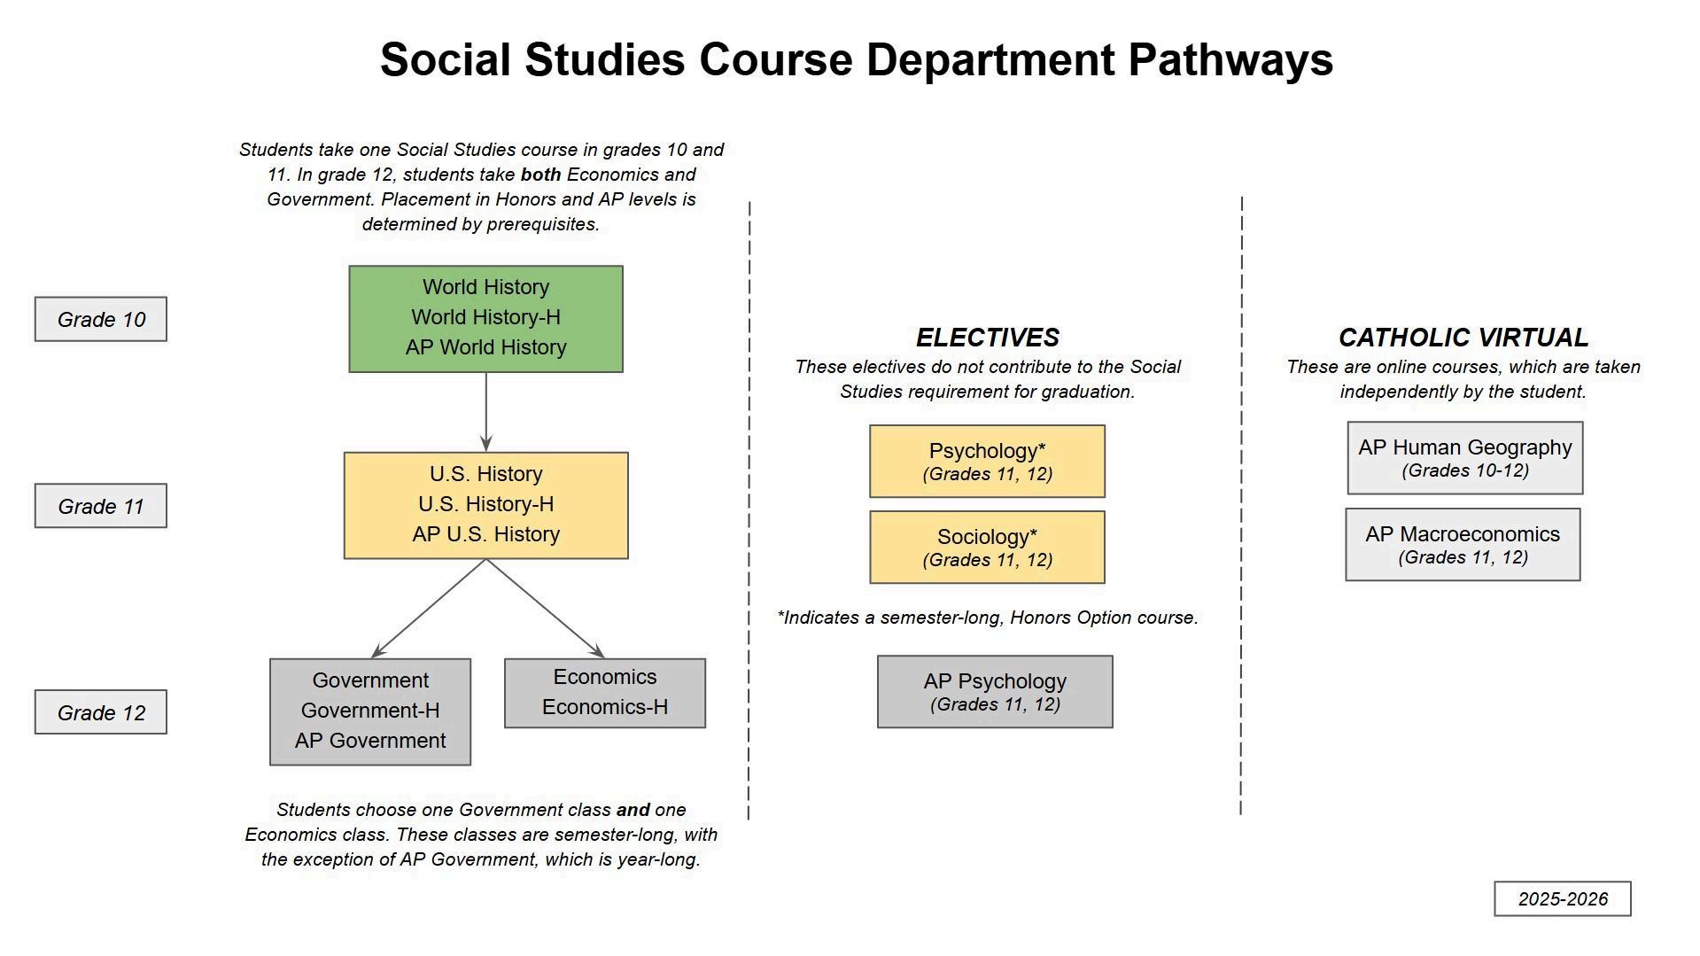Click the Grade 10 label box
tap(101, 319)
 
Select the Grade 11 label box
tap(101, 506)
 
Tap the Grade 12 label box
tap(101, 712)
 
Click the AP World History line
tap(485, 347)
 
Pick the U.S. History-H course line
tap(485, 504)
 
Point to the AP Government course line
tap(370, 741)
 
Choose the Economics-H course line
tap(605, 707)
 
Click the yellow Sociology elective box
tap(987, 547)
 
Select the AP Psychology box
tap(995, 692)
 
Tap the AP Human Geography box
tap(1464, 457)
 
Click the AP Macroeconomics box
tap(1463, 544)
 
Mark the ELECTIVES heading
tap(987, 338)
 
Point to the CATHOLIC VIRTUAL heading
tap(1463, 338)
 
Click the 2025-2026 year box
tap(1563, 898)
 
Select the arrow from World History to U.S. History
tap(485, 412)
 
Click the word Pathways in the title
tap(1230, 60)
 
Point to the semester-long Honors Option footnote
tap(987, 618)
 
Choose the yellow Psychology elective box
tap(987, 461)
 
